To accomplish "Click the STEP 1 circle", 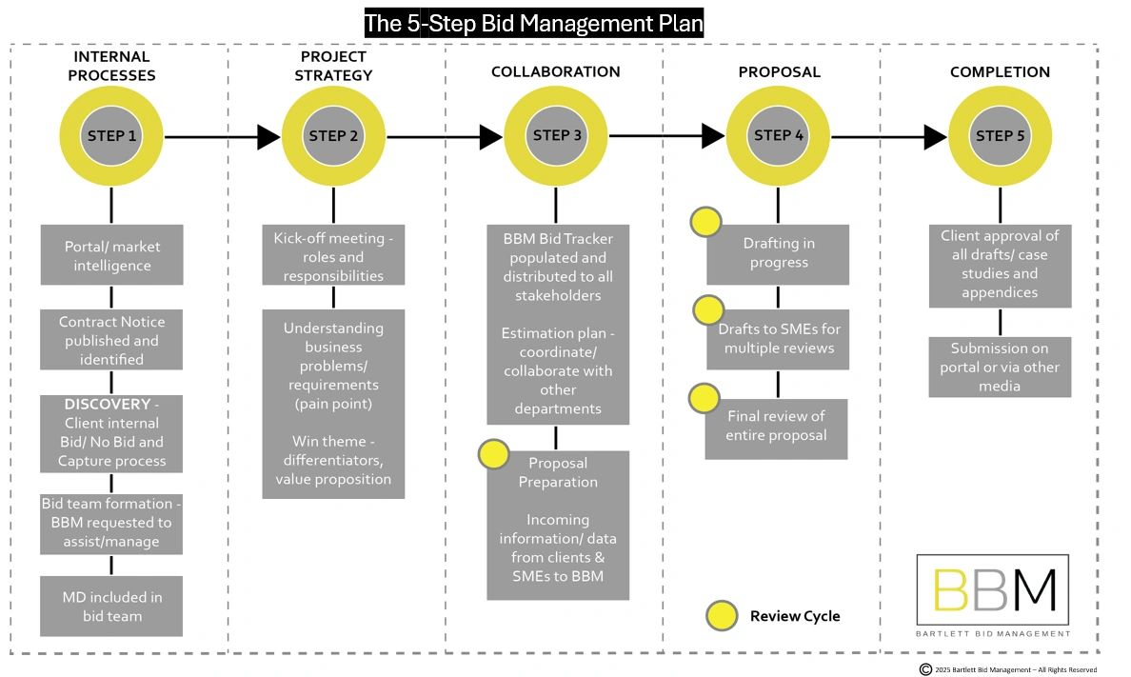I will (x=111, y=136).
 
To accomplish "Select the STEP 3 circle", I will (x=556, y=136).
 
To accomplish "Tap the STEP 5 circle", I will (x=1000, y=136).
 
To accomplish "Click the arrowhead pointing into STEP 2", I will (x=268, y=137).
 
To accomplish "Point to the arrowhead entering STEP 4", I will (x=713, y=136).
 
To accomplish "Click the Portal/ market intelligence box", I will (x=111, y=255).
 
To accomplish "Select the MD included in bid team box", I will (x=111, y=607).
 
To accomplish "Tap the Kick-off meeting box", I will (x=333, y=255).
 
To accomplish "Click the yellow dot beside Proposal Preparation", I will (x=493, y=454).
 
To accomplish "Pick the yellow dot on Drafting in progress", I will (x=705, y=222).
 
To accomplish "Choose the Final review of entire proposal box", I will (x=776, y=427).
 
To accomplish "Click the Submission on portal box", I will (x=1000, y=367).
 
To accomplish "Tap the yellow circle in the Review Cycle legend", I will (x=722, y=616).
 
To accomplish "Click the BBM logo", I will (x=993, y=595).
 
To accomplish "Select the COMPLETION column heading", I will (x=1000, y=72).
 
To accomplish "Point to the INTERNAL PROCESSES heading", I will (x=112, y=66).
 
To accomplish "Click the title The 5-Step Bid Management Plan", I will (x=533, y=23).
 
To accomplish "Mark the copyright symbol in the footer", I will (x=925, y=669).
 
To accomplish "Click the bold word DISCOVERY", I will (x=107, y=404).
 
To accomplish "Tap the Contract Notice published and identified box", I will (x=111, y=341).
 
